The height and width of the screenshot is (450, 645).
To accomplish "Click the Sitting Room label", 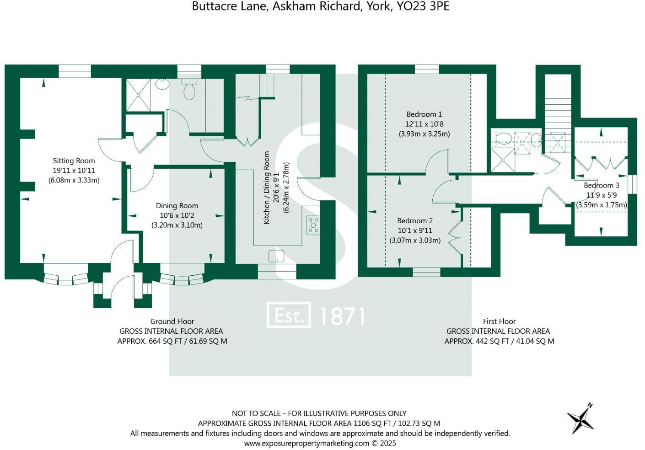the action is click(x=74, y=161).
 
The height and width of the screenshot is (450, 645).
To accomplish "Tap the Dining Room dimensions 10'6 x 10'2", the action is click(x=177, y=215).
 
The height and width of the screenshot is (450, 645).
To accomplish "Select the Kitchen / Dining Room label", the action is click(x=267, y=187).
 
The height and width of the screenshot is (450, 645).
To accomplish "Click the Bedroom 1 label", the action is click(x=424, y=114).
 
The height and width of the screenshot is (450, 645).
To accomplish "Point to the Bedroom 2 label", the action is click(x=414, y=221).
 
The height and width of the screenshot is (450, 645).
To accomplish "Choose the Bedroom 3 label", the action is click(x=601, y=185).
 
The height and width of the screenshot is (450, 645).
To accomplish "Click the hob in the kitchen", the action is click(x=313, y=225).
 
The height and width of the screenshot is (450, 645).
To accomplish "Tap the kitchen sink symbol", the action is click(x=276, y=256).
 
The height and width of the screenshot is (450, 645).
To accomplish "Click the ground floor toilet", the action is click(x=189, y=89).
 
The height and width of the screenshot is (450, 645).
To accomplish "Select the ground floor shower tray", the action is click(x=138, y=95).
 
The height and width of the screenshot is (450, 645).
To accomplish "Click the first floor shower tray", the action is click(x=502, y=160).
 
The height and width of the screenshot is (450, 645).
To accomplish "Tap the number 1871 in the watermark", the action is click(x=341, y=316).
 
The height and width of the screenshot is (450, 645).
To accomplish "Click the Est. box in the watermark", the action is click(x=289, y=315).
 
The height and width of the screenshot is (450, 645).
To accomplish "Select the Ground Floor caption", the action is click(x=172, y=321).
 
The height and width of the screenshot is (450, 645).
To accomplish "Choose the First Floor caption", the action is click(x=499, y=321).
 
